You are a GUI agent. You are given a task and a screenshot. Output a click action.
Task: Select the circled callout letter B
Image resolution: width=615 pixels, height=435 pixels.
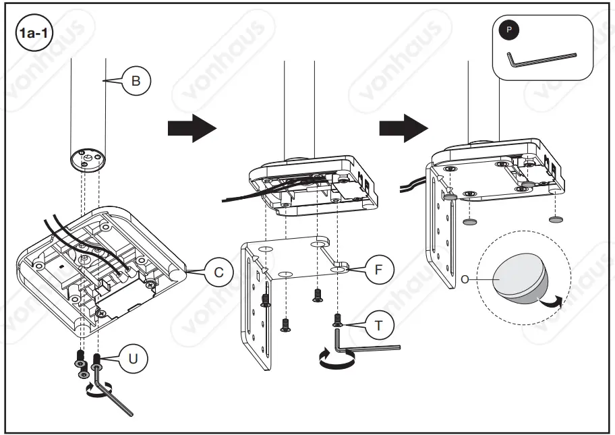pyautogui.click(x=136, y=82)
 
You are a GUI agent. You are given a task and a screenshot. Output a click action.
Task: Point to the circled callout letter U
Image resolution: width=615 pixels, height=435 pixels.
pyautogui.click(x=133, y=358)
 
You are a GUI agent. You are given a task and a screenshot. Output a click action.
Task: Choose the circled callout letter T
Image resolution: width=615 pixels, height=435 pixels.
pyautogui.click(x=379, y=325)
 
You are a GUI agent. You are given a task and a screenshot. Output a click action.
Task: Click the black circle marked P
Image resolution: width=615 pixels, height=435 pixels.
pyautogui.click(x=508, y=31)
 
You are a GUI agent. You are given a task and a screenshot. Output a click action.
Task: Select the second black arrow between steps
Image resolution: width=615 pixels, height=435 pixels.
pyautogui.click(x=403, y=128)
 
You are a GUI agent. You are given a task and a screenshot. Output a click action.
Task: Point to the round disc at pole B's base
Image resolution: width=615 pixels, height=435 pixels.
pyautogui.click(x=88, y=161)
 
